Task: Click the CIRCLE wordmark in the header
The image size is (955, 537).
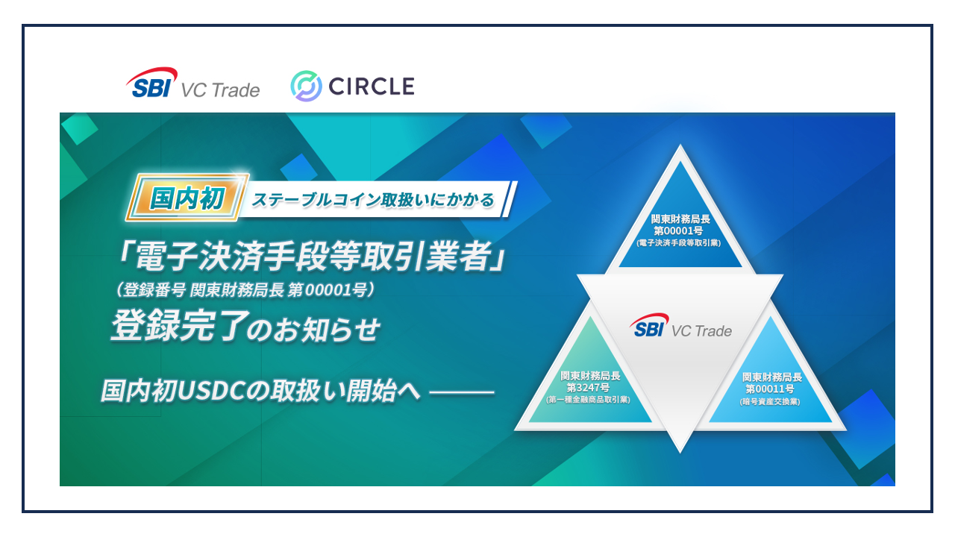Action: coord(372,86)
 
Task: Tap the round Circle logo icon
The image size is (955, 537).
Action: coord(306,86)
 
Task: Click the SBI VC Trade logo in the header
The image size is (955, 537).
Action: coord(192,83)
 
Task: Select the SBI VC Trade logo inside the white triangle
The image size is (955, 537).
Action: coord(680,326)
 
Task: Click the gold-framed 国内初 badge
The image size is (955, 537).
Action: coord(187,198)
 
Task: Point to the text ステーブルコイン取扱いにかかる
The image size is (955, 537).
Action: coord(373,199)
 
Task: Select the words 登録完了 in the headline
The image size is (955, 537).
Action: coord(180,326)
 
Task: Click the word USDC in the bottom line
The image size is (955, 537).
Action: coord(211,391)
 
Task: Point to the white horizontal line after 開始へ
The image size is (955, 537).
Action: coord(462,392)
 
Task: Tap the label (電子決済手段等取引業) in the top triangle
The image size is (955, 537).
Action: coord(679,243)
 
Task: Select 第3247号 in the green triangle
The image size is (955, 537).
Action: coord(589,388)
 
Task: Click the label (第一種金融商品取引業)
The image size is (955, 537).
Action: coord(589,400)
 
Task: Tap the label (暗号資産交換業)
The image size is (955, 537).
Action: coord(770,401)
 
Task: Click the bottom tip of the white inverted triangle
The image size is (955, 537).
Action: coord(680,452)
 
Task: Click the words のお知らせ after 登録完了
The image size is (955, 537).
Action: coord(315,330)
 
